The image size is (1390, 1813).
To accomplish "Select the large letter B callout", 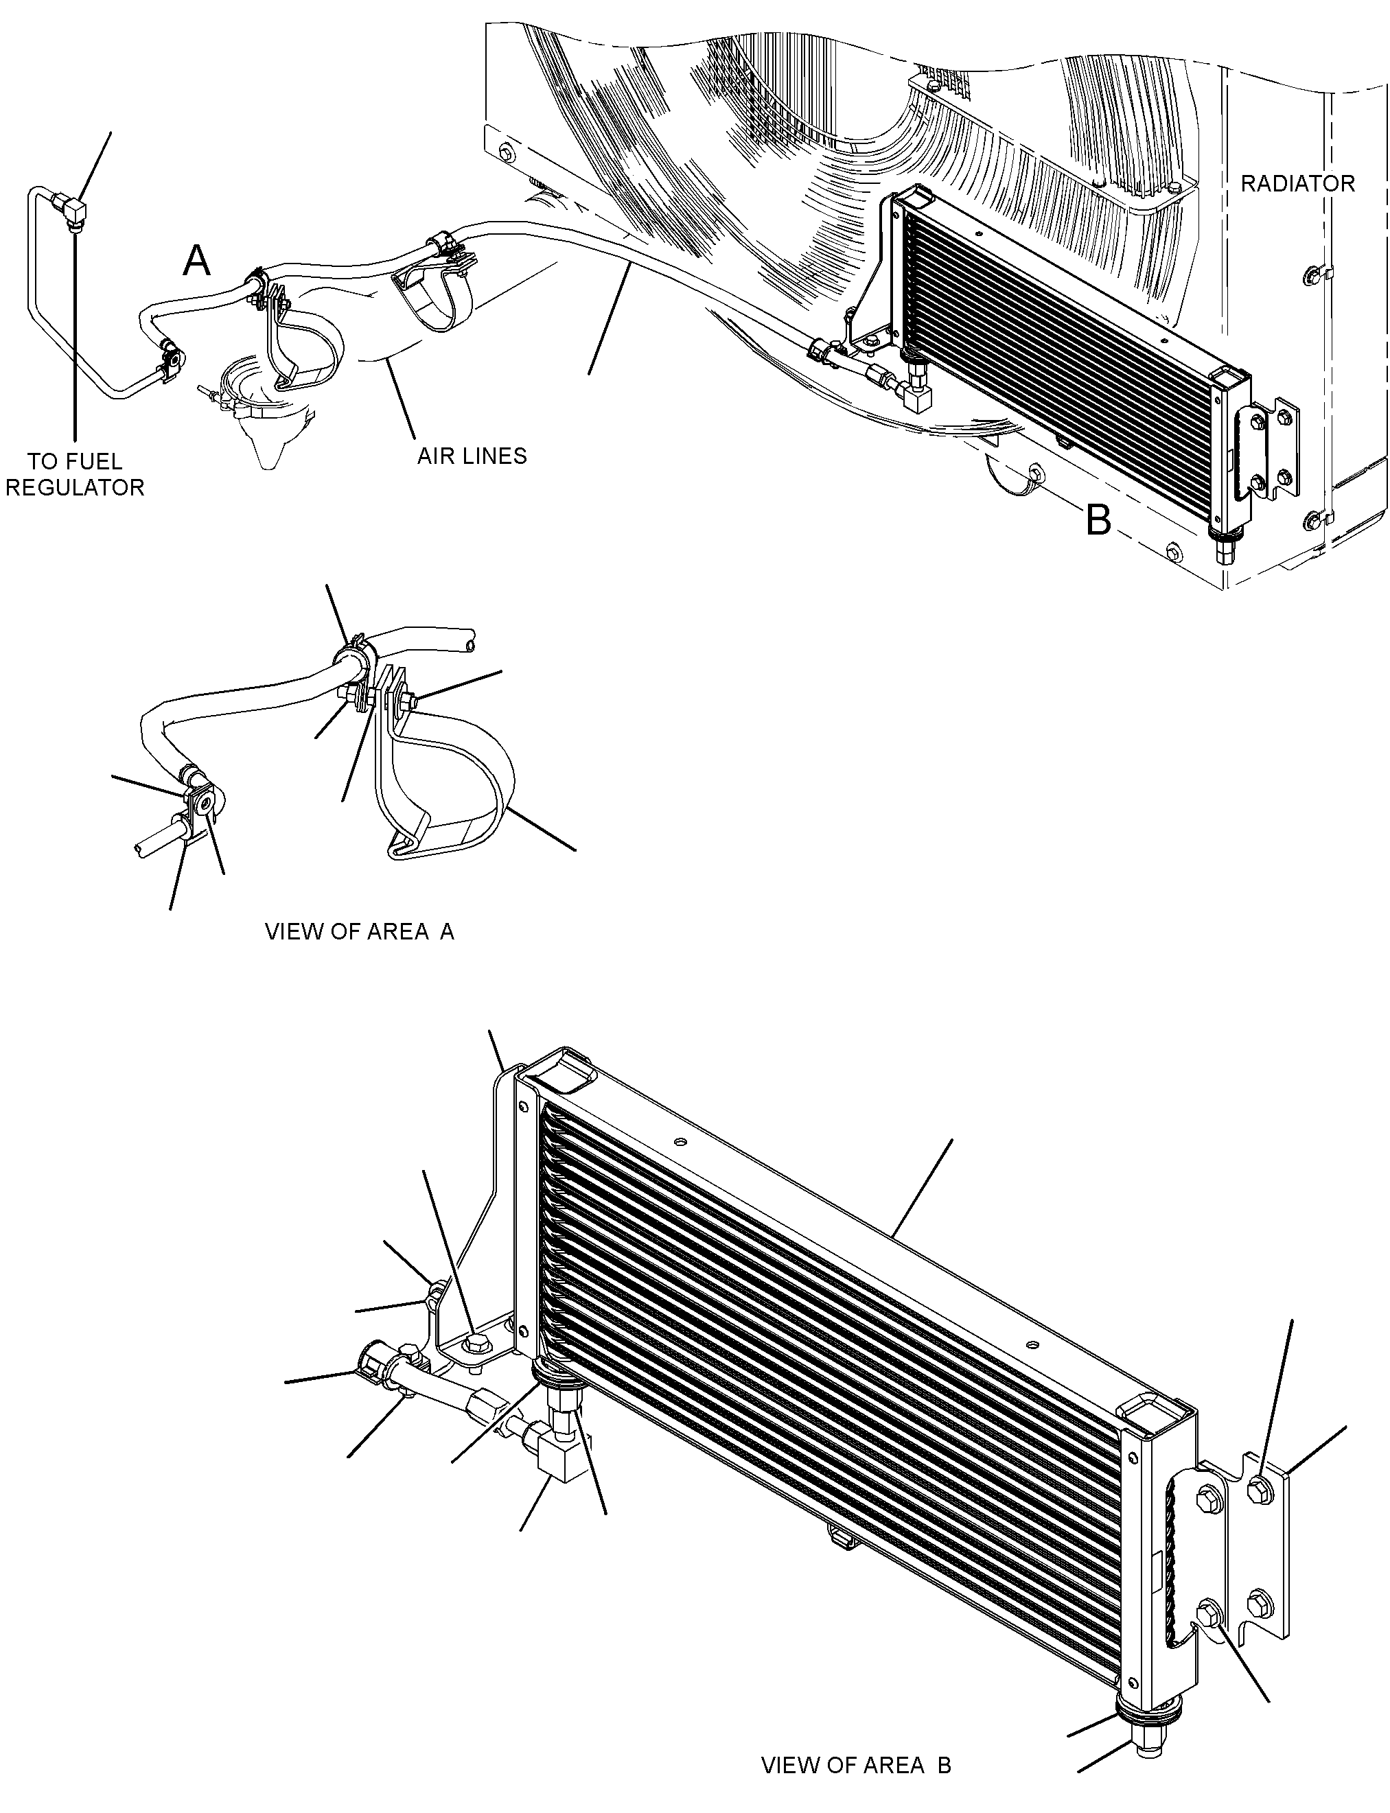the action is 1098,520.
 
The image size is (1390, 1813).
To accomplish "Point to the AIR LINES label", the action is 472,456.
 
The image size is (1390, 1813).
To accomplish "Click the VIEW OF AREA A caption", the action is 359,931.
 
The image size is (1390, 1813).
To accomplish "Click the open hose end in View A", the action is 470,644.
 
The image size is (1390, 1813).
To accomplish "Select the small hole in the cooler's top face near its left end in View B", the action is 680,1141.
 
